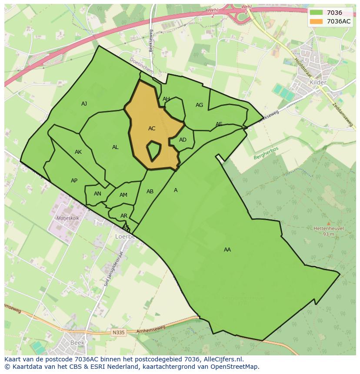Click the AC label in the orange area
(152, 129)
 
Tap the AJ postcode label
(84, 104)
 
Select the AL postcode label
(115, 147)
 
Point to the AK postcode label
(78, 152)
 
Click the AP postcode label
(74, 181)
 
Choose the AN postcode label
(97, 194)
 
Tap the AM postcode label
(123, 195)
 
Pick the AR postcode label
(124, 216)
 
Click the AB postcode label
(150, 192)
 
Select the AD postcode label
(183, 140)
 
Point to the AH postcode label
(166, 99)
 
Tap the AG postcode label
(199, 105)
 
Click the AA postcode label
(227, 250)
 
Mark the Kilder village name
(318, 83)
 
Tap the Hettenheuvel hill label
(329, 228)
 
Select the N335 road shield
(118, 332)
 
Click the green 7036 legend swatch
(316, 13)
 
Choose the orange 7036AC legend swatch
(316, 21)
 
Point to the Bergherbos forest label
(266, 153)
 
